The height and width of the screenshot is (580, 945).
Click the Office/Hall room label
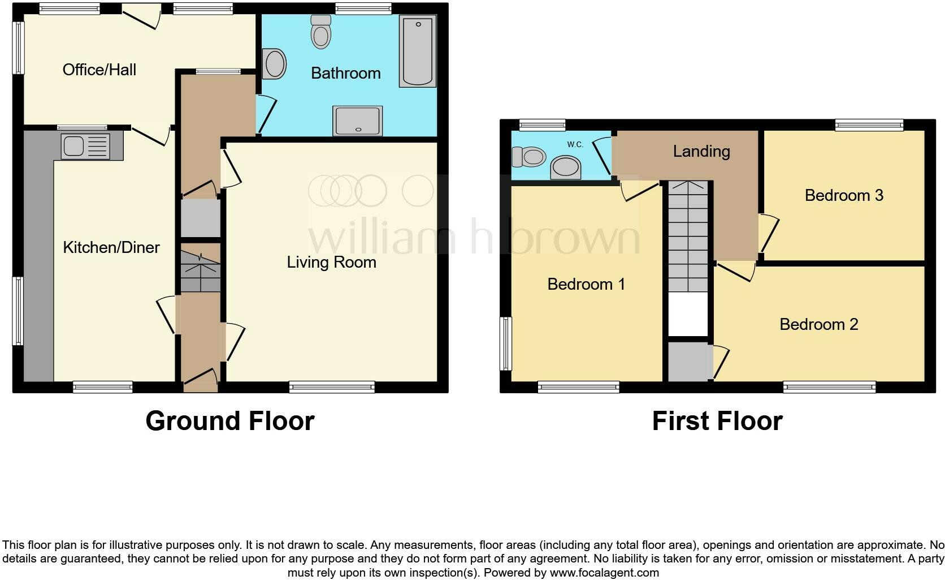[99, 70]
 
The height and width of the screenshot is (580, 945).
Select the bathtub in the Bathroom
[418, 51]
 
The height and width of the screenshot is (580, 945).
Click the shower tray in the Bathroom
[358, 121]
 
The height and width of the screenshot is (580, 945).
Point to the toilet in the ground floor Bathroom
[321, 32]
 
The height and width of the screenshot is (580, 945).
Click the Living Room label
[331, 262]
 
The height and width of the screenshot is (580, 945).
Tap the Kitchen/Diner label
[111, 247]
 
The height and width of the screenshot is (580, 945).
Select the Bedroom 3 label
[844, 195]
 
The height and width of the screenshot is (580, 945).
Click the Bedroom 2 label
[818, 324]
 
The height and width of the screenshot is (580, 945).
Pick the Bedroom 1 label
[586, 284]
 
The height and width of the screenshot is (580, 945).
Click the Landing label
[701, 151]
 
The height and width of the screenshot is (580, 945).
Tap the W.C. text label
[575, 145]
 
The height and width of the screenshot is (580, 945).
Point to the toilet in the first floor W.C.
[528, 157]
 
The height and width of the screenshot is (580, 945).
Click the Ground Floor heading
[229, 421]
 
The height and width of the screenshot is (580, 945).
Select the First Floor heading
[717, 421]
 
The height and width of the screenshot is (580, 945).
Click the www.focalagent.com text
[604, 572]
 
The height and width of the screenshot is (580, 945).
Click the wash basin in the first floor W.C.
[566, 168]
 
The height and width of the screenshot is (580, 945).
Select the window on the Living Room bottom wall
[332, 387]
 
